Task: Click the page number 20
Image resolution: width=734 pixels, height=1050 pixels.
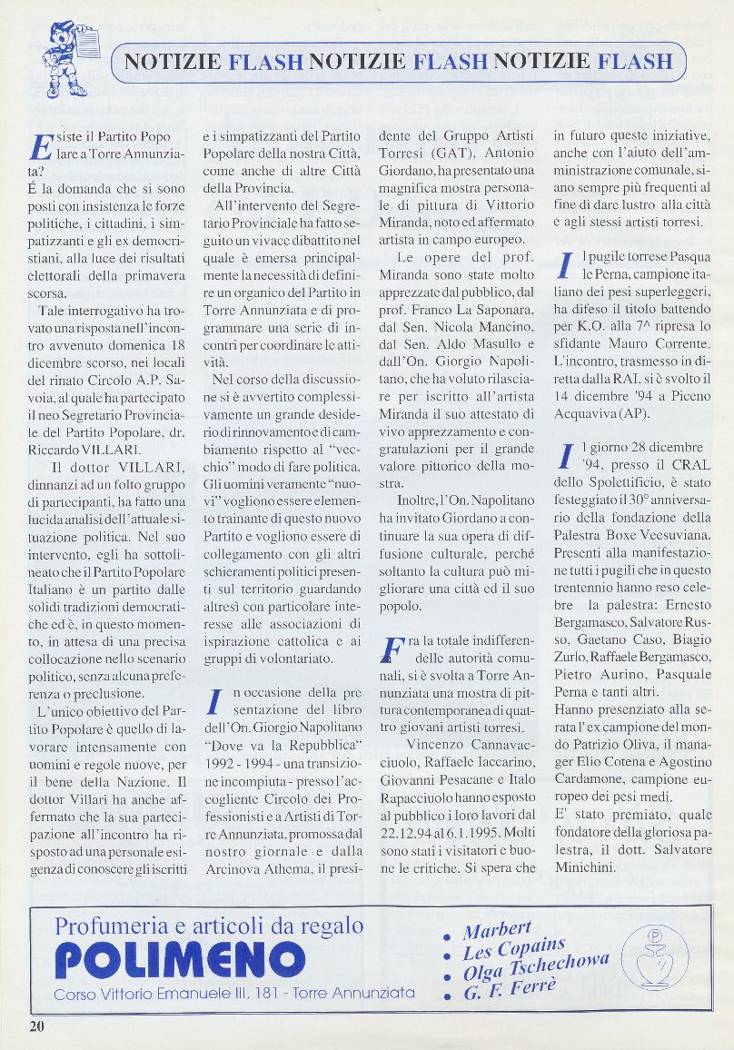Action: (36, 1025)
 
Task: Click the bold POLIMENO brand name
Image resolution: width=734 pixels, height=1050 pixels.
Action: (180, 959)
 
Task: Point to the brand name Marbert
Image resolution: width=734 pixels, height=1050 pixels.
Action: (497, 930)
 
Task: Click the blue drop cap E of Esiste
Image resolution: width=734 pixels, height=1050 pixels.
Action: (42, 148)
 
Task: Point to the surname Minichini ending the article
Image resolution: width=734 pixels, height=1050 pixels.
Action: (592, 867)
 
